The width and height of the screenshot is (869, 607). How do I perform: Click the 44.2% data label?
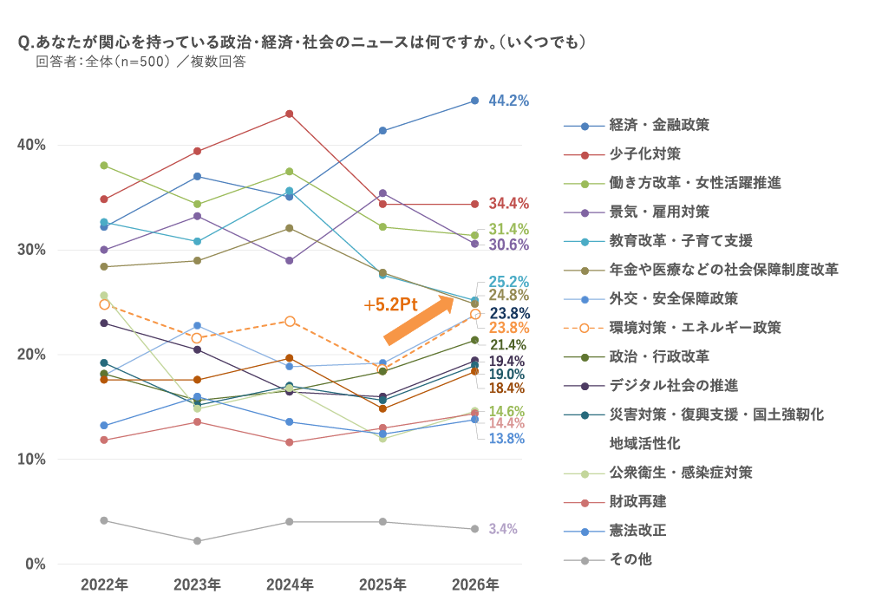[x=509, y=101]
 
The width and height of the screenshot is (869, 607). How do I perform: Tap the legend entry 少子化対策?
[x=644, y=153]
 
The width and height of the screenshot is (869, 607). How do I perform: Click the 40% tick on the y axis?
[x=32, y=145]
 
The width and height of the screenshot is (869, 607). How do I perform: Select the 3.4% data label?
[x=503, y=529]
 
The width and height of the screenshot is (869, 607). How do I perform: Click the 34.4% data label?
[x=509, y=204]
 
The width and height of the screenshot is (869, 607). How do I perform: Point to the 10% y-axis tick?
[x=32, y=459]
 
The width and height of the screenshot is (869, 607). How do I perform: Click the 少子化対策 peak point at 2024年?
[x=290, y=114]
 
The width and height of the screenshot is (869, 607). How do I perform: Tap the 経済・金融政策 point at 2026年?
[x=474, y=101]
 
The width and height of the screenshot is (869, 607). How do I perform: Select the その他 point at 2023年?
[x=197, y=541]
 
